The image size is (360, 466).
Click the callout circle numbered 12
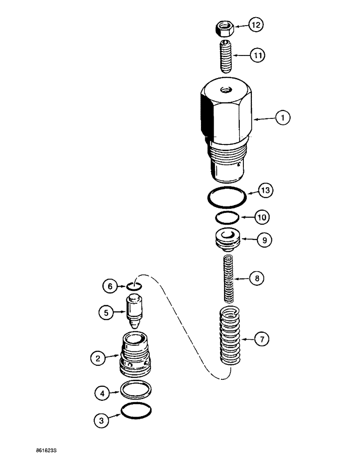pos(255,25)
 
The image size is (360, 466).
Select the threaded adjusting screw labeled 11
pos(226,55)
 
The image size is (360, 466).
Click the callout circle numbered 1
pos(283,118)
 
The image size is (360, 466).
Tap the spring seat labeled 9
pos(227,240)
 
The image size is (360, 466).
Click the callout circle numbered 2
pos(97,358)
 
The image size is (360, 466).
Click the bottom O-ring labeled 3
pos(136,411)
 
